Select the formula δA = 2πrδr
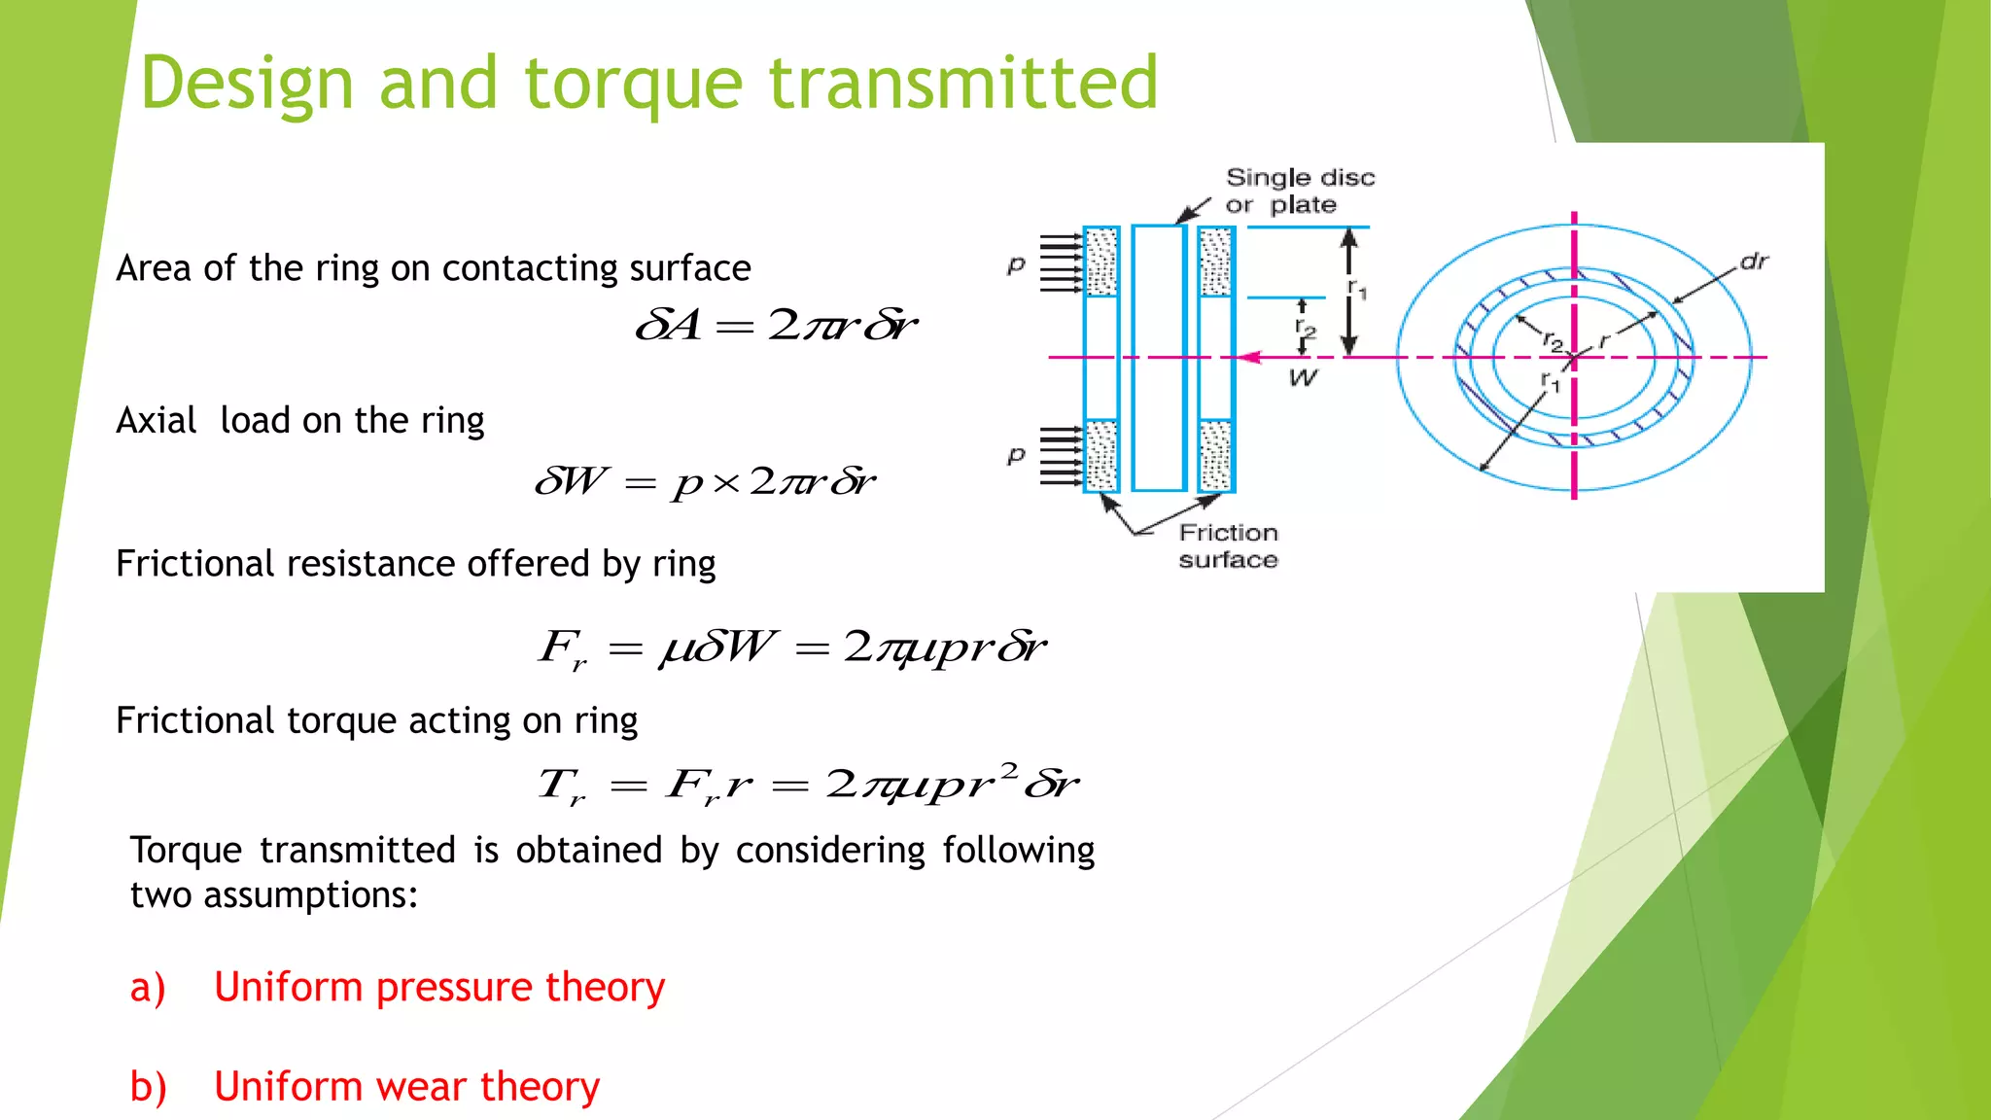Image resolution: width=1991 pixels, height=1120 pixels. (x=775, y=325)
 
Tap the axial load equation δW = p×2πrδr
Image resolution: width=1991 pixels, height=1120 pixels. (x=705, y=481)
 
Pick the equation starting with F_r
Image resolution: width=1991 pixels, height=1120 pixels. (x=792, y=647)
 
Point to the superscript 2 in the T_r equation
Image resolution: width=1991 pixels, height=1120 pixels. (x=1008, y=770)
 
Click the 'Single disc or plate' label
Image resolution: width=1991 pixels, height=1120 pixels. (x=1299, y=191)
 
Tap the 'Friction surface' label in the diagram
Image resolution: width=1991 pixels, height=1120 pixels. (x=1228, y=545)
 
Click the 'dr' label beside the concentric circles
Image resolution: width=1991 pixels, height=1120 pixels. (x=1753, y=262)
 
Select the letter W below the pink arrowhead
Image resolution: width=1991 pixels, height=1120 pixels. (x=1303, y=378)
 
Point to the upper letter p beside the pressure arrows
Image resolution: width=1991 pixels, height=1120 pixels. (x=1016, y=263)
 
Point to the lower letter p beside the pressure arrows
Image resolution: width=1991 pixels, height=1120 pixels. (x=1016, y=454)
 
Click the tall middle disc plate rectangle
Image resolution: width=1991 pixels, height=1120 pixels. (x=1159, y=358)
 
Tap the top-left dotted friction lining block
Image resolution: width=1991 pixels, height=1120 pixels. (x=1101, y=262)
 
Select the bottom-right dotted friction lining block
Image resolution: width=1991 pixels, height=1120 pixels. (x=1216, y=455)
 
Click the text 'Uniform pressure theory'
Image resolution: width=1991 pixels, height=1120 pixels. (x=439, y=988)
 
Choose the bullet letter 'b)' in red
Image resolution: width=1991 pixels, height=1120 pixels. (x=149, y=1087)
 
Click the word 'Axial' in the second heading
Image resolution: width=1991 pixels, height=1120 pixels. (x=157, y=421)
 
